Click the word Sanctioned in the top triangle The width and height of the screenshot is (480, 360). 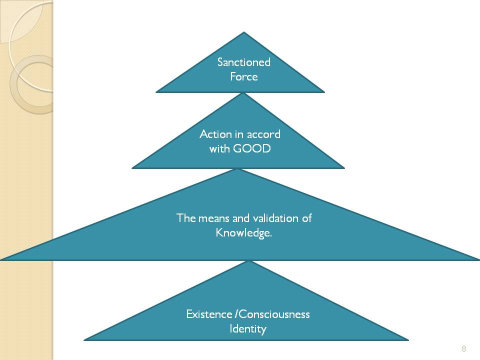(x=243, y=62)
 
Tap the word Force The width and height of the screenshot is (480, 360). (x=243, y=76)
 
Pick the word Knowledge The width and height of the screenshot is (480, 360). (x=243, y=233)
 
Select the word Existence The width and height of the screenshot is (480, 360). (x=209, y=314)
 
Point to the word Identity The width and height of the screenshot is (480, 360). (x=247, y=329)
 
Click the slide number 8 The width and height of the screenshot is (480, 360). (x=464, y=348)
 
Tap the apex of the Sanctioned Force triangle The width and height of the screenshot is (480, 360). (x=244, y=33)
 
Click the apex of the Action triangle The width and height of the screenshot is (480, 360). (x=243, y=93)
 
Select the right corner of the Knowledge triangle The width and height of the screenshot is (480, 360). (x=478, y=259)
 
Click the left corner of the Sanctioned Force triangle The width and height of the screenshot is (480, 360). (x=157, y=92)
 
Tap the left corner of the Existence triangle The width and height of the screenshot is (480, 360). (x=85, y=339)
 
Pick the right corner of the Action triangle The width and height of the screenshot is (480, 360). (x=343, y=167)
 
